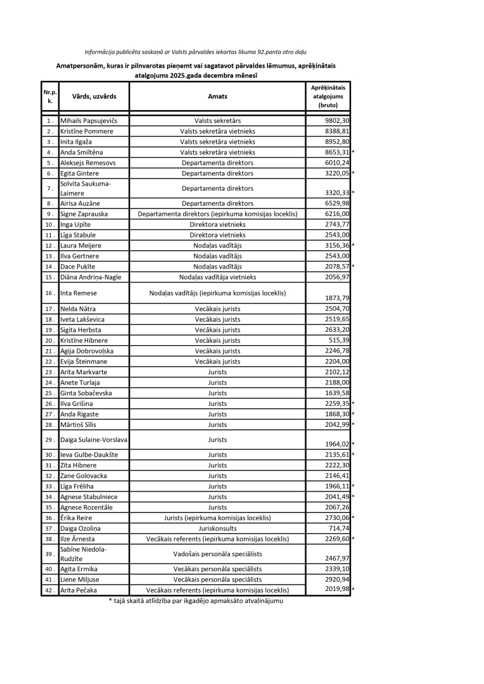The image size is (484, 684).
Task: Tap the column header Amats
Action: [217, 97]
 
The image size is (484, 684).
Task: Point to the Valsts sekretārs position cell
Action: [217, 120]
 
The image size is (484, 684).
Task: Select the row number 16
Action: [49, 293]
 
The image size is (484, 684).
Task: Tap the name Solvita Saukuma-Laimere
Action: [86, 188]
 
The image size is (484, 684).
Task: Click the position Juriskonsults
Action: [217, 528]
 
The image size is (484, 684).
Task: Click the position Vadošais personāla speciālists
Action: [217, 554]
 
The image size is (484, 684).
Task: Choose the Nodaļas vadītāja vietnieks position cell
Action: [217, 277]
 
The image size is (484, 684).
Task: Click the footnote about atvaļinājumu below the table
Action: [196, 600]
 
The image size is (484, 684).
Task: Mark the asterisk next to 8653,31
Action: [353, 152]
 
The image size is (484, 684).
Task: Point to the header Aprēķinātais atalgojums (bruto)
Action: [328, 96]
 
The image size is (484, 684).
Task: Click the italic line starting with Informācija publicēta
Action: [200, 51]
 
